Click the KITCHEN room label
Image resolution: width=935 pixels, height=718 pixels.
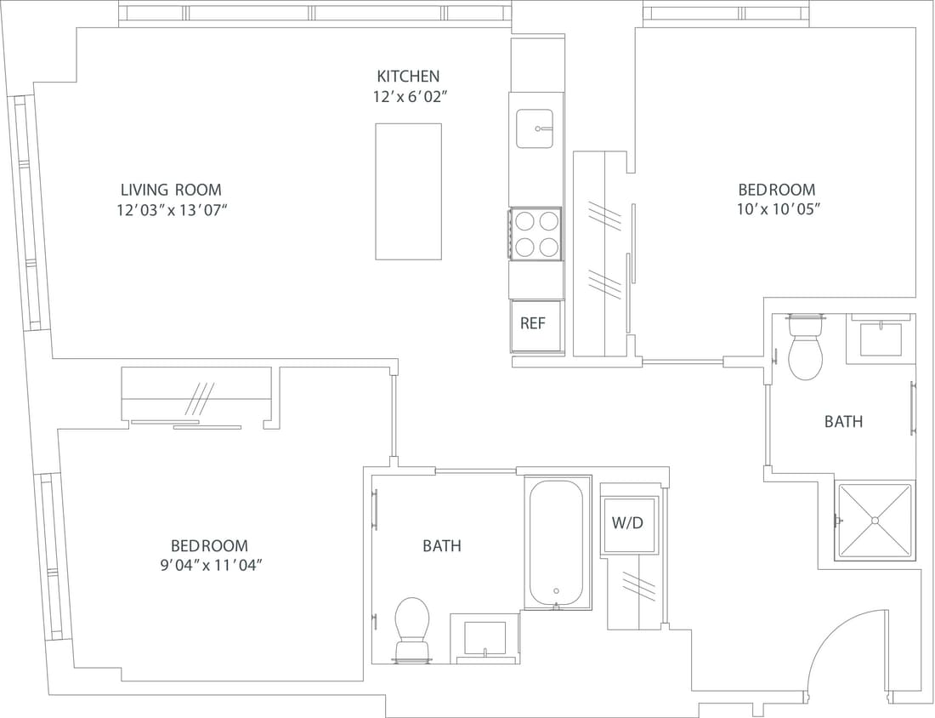pos(408,77)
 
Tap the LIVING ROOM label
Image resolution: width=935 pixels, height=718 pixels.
pos(171,190)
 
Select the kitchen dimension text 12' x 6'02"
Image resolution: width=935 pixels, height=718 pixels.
pos(410,97)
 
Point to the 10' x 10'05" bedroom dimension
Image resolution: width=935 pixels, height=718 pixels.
pos(776,209)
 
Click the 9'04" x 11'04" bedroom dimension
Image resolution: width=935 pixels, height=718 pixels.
pos(209,565)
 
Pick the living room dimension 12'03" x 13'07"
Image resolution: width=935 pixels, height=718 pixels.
pos(171,210)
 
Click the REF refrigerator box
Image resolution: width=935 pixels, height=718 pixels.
pos(533,324)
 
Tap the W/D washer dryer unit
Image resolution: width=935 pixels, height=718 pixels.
pos(628,523)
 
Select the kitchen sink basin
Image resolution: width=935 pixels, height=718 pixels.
pos(535,128)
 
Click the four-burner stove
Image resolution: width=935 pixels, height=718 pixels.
pos(535,234)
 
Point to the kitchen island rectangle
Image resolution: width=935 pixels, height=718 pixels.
pos(409,191)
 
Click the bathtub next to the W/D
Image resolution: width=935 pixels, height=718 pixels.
pos(557,544)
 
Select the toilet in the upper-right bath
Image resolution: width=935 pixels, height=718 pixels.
pos(805,349)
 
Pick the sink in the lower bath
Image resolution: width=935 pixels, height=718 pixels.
pos(484,637)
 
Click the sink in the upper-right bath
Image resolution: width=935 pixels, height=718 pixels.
pos(881,339)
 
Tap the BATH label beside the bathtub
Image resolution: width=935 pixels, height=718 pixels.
pos(442,546)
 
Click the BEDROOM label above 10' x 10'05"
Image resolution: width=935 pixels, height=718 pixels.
pos(776,190)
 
